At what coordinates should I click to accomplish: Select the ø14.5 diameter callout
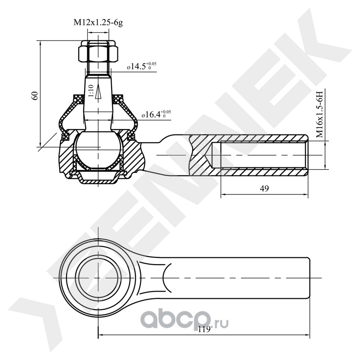pyautogui.click(x=141, y=66)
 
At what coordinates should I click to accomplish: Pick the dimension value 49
pyautogui.click(x=264, y=189)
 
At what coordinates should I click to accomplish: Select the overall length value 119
pyautogui.click(x=204, y=329)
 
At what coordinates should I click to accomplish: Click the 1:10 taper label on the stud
pyautogui.click(x=91, y=91)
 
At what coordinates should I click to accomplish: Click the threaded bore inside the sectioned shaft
pyautogui.click(x=261, y=155)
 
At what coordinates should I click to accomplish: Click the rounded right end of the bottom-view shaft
pyautogui.click(x=309, y=278)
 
